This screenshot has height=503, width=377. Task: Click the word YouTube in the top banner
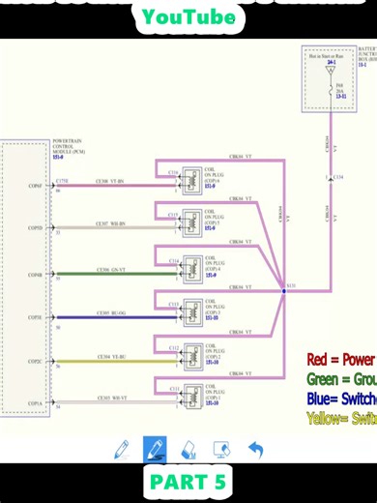pyautogui.click(x=188, y=16)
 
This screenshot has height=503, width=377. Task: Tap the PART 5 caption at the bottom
pyautogui.click(x=188, y=482)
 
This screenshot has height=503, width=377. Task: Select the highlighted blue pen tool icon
pyautogui.click(x=155, y=449)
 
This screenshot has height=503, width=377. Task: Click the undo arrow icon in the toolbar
pyautogui.click(x=256, y=449)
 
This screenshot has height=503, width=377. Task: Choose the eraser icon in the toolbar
pyautogui.click(x=188, y=449)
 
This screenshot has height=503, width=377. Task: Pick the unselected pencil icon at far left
pyautogui.click(x=122, y=449)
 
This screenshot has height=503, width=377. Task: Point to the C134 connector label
pyautogui.click(x=338, y=177)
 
